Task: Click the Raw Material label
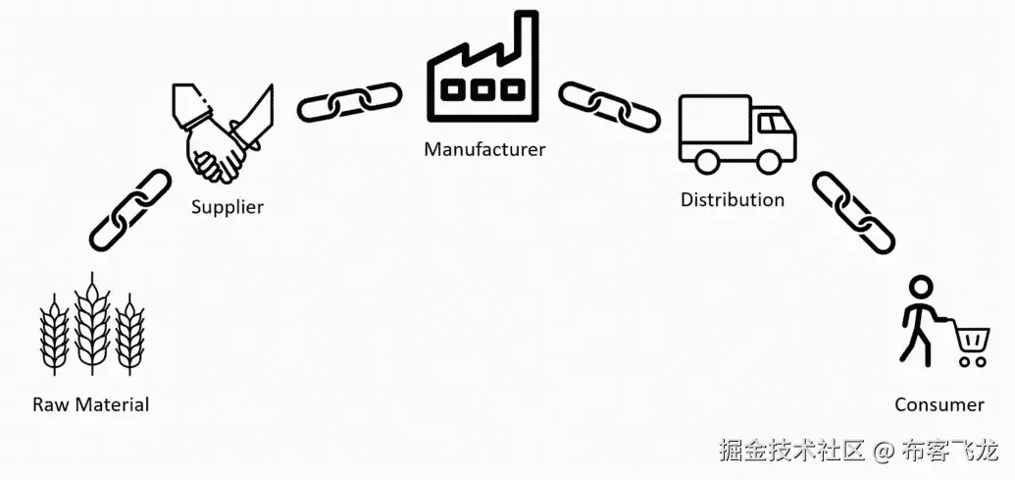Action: click(90, 404)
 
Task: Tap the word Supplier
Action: click(228, 207)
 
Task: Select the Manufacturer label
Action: click(484, 150)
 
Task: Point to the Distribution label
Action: click(733, 200)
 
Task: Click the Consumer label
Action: click(939, 404)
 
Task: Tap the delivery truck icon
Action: click(736, 133)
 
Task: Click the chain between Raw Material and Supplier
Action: click(130, 209)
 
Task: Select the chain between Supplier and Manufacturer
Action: click(349, 102)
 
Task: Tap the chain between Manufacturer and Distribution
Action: click(609, 102)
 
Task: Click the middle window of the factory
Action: click(482, 89)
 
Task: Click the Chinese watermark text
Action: click(857, 451)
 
